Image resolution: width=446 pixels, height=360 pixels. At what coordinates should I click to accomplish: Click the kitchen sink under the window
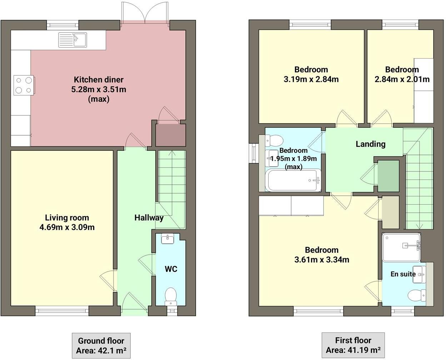73,40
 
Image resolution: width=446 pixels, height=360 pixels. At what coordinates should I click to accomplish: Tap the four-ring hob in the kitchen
24,85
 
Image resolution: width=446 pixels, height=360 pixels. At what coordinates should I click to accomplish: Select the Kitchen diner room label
99,79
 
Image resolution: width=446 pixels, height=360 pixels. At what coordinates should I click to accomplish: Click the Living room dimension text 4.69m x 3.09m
67,227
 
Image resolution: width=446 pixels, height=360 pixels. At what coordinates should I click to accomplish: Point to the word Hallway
149,217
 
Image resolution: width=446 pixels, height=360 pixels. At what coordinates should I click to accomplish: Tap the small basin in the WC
167,239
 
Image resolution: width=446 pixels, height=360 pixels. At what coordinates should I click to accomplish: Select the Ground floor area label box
101,345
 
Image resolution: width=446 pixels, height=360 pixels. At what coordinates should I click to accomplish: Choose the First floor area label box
353,345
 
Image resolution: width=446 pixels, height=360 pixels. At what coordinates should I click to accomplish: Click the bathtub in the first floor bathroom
294,180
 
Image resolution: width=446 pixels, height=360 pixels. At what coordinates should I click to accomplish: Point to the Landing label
370,144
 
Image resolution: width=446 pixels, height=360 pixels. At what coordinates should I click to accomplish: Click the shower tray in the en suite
401,247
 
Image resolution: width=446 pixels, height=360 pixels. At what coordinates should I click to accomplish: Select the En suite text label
403,274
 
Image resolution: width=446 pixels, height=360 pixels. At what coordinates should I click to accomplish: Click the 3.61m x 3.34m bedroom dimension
321,260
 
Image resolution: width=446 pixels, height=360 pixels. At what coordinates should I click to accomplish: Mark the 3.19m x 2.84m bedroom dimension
311,79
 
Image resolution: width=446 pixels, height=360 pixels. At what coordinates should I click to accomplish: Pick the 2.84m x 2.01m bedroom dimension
402,79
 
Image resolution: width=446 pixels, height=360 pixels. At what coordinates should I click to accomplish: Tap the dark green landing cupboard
388,176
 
